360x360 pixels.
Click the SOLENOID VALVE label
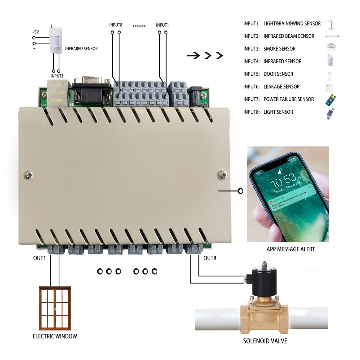[x=265, y=341]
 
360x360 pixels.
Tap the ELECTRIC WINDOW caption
[x=55, y=336]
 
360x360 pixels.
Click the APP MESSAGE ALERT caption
[x=291, y=249]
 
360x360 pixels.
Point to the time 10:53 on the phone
[x=283, y=177]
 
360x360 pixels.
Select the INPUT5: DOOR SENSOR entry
[x=268, y=74]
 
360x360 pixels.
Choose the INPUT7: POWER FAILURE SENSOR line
[x=278, y=99]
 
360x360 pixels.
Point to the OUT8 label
[x=210, y=258]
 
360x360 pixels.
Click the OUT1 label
[x=40, y=258]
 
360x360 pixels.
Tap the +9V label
[x=35, y=32]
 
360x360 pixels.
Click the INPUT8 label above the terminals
[x=116, y=25]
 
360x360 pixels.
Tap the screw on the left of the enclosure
[x=28, y=175]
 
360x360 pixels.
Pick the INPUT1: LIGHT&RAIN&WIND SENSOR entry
[x=282, y=23]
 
